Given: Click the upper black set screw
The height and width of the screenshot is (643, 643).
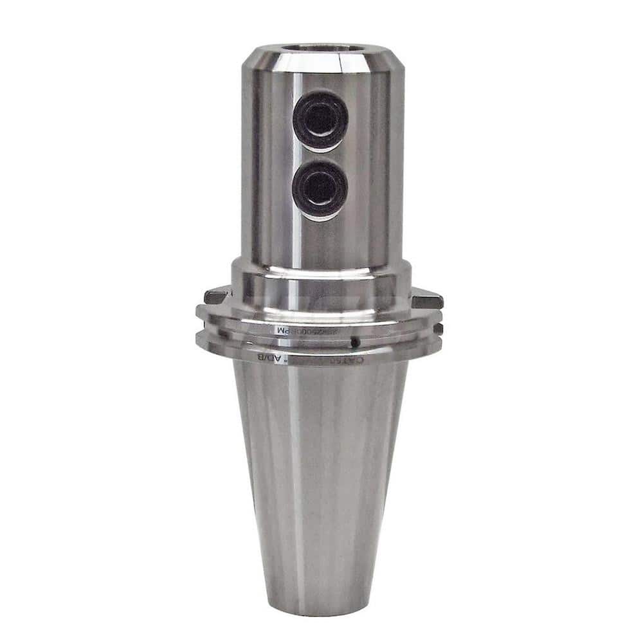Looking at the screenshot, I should [320, 120].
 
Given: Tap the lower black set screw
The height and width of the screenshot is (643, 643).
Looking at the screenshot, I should [320, 189].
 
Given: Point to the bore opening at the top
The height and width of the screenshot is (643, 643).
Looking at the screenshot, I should [323, 48].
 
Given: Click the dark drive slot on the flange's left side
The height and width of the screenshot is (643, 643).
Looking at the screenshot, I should [215, 296].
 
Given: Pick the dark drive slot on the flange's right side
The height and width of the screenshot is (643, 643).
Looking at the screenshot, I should [426, 299].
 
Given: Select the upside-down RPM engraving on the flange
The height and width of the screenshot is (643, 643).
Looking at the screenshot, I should [302, 330].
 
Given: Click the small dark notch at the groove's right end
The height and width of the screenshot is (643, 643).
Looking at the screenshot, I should [438, 329].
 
